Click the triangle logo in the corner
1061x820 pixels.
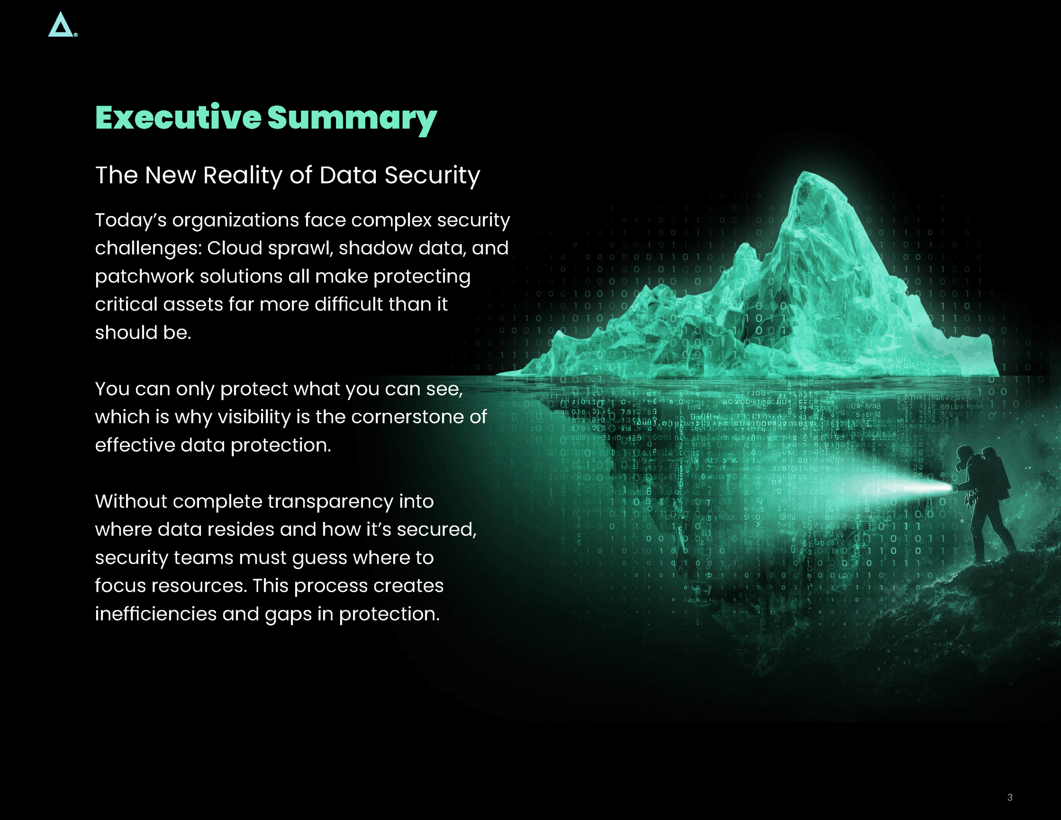(61, 25)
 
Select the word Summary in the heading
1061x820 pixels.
(352, 119)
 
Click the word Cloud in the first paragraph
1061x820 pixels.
(235, 248)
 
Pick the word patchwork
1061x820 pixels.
(144, 277)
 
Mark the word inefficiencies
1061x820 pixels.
(155, 614)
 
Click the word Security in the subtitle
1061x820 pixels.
(432, 175)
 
